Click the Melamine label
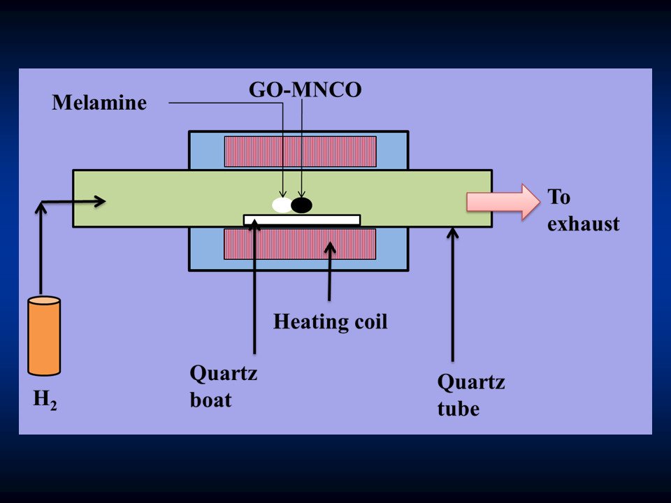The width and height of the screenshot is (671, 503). coord(99,103)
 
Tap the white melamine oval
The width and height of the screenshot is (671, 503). coord(282,205)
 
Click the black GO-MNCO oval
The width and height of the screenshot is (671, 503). coord(302,205)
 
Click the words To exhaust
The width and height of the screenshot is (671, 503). coord(583,210)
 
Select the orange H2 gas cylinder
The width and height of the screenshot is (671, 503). coord(44,336)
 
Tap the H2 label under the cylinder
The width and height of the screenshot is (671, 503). coord(45,400)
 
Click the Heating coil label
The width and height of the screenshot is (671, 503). coord(330,322)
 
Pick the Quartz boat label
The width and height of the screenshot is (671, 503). coord(224,388)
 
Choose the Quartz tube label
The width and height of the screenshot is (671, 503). coord(471,395)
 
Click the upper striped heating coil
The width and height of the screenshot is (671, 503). coord(300,152)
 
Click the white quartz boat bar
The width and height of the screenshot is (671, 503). coord(302,220)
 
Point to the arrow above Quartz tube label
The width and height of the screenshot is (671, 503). coord(453,293)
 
